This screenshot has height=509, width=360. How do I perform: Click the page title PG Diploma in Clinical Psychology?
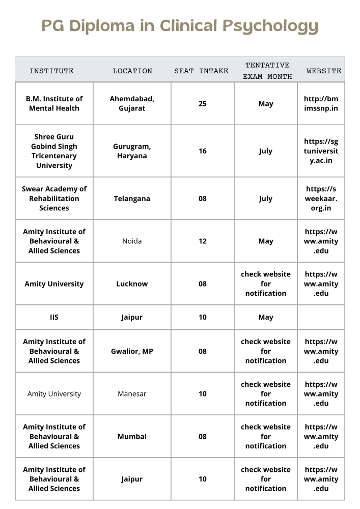point(180,25)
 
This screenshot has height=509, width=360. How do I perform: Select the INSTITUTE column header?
point(51,71)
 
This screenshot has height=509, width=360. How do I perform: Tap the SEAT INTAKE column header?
point(201,71)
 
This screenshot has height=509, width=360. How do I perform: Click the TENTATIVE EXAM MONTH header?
point(267,71)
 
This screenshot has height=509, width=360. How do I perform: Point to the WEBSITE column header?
point(324,71)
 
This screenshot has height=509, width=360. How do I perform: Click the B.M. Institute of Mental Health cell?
point(54,103)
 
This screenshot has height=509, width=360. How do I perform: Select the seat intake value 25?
point(203,103)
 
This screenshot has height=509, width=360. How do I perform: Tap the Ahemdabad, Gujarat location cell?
point(132,103)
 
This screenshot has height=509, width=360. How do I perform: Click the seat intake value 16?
point(203,151)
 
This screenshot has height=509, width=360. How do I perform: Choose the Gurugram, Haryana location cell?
point(132,151)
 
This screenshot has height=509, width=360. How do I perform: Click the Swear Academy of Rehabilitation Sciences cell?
point(54,199)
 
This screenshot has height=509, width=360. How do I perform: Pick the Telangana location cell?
point(132,199)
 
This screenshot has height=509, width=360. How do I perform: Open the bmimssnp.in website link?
point(321,103)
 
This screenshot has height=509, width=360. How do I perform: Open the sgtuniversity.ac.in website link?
point(321,151)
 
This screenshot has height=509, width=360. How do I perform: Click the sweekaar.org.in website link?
point(321,199)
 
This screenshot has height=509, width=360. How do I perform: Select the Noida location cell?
point(132,241)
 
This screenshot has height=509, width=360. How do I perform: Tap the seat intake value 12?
point(203,241)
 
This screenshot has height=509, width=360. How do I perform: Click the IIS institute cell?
point(54,317)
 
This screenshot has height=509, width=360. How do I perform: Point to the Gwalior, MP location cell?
point(132,351)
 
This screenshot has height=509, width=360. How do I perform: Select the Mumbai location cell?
point(132,436)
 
